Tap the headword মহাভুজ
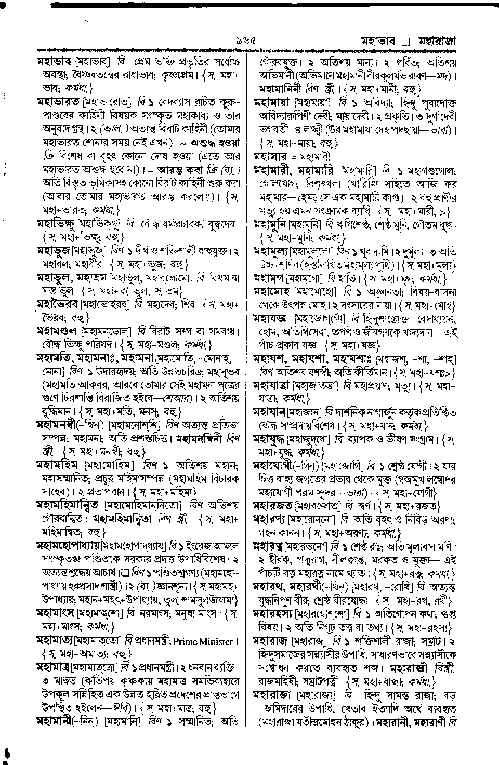pyautogui.click(x=54, y=250)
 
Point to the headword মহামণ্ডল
pyautogui.click(x=57, y=330)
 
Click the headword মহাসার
pyautogui.click(x=270, y=156)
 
